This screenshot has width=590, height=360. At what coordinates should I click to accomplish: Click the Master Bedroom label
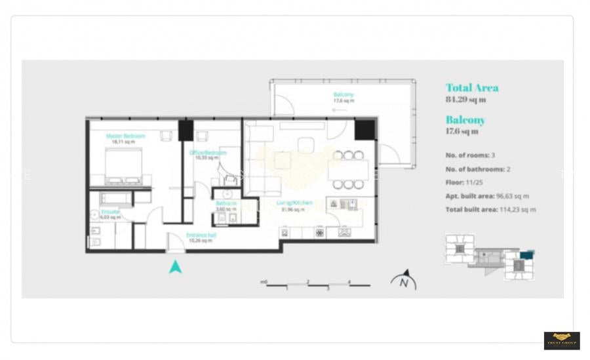(125, 136)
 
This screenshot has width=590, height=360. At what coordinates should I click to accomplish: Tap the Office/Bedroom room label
(208, 153)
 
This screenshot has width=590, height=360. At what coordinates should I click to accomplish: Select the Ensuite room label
(110, 212)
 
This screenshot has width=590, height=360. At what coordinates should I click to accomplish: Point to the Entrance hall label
(201, 235)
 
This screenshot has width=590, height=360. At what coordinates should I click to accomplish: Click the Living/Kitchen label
(294, 203)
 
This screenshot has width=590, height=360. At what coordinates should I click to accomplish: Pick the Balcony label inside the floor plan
(343, 94)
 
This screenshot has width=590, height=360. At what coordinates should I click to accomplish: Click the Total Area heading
(472, 88)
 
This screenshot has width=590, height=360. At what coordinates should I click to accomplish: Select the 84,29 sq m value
(465, 100)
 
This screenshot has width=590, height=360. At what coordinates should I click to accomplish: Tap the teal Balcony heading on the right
(465, 120)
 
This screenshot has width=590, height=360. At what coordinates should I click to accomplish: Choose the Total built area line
(490, 209)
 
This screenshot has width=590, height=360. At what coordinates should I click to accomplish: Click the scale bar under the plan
(318, 285)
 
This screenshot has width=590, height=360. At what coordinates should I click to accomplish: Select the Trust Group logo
(561, 340)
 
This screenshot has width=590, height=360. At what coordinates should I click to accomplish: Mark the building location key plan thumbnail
(489, 257)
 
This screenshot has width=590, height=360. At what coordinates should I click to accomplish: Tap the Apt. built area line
(487, 196)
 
